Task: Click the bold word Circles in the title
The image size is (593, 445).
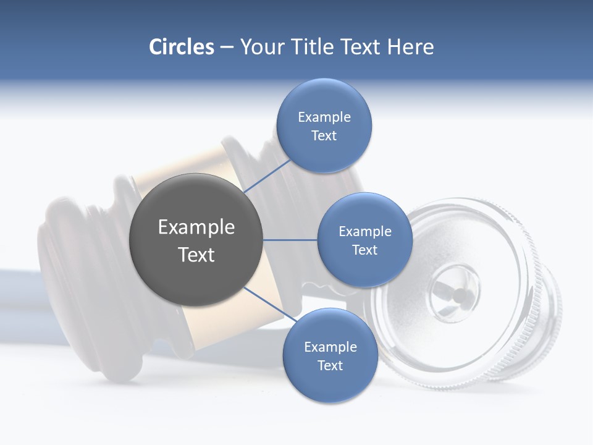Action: [181, 47]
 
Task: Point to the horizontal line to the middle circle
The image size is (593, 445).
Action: [290, 240]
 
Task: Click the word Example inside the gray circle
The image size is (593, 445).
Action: [196, 227]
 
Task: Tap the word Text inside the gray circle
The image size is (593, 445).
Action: [196, 255]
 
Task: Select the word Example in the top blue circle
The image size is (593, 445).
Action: [324, 117]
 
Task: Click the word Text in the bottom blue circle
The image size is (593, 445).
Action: [330, 366]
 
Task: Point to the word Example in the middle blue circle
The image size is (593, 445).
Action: [364, 232]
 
